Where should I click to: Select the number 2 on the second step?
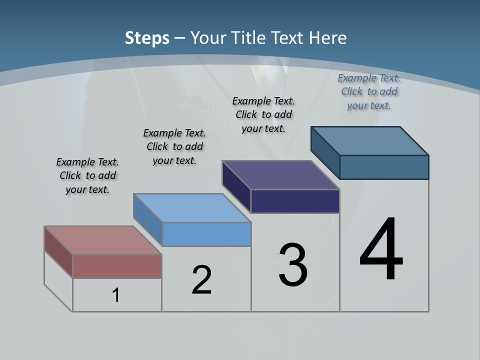pos(201,280)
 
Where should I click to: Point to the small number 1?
pos(116,295)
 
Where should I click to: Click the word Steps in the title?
pos(147,38)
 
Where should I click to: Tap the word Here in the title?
pos(328,38)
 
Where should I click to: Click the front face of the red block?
pos(117,266)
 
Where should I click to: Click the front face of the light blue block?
pos(206,234)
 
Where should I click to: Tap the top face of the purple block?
pos(280,175)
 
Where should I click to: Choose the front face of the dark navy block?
pos(295,201)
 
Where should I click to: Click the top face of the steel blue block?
pos(369,141)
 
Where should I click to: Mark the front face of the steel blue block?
pos(384,167)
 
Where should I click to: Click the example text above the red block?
pos(87,175)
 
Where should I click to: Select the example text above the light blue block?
pos(174,146)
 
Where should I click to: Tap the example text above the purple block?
pos(263,114)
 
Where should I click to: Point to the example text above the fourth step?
pos(369,91)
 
